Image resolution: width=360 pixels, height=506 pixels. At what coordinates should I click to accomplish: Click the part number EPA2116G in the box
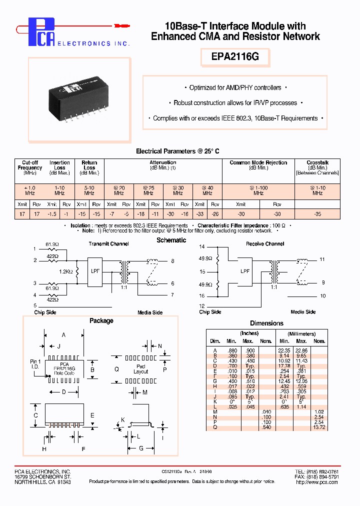pyautogui.click(x=235, y=57)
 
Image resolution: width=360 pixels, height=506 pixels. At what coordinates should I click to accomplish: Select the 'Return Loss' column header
pyautogui.click(x=89, y=165)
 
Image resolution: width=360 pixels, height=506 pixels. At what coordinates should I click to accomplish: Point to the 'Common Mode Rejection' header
pyautogui.click(x=258, y=162)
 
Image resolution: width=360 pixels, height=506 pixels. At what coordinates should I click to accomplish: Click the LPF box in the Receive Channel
pyautogui.click(x=245, y=271)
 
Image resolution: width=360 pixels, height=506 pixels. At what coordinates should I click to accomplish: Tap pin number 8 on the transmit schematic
pyautogui.click(x=172, y=261)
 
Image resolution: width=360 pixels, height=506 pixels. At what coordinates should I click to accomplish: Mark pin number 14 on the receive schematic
pyautogui.click(x=202, y=247)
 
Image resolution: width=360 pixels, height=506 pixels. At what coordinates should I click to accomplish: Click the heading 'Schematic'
pyautogui.click(x=171, y=240)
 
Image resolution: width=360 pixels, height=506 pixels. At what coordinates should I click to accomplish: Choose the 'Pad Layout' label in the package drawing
pyautogui.click(x=141, y=369)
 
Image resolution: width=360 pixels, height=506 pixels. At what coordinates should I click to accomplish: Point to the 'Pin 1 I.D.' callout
pyautogui.click(x=34, y=364)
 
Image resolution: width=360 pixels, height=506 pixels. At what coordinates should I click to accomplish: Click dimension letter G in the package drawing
pyautogui.click(x=141, y=448)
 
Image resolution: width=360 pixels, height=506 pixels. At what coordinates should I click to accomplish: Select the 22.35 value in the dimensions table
pyautogui.click(x=284, y=350)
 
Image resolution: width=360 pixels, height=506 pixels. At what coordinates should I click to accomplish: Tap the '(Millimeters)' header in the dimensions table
pyautogui.click(x=301, y=333)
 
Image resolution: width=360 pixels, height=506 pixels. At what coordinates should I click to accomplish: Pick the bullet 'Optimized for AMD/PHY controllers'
pyautogui.click(x=235, y=88)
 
